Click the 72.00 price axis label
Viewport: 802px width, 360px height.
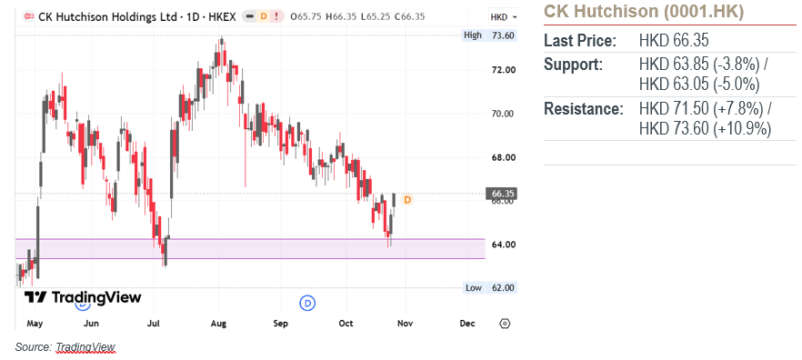coord(502,70)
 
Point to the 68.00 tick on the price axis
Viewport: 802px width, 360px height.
coord(502,157)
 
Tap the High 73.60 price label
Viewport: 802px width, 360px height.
coord(488,35)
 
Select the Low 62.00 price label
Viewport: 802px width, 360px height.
coord(489,288)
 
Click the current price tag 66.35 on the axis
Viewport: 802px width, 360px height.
coord(501,194)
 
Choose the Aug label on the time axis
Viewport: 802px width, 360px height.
coord(218,324)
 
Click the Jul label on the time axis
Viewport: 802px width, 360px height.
coord(154,324)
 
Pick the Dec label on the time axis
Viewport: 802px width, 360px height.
coord(467,324)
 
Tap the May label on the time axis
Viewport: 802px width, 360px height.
coord(35,324)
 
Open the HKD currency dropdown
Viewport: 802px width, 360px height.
coord(504,17)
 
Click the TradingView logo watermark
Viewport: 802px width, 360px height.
coord(83,297)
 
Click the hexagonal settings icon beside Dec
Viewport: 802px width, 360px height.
coord(505,324)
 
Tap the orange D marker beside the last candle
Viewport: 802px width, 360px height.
coord(407,200)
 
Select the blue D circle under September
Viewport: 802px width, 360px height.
coord(307,303)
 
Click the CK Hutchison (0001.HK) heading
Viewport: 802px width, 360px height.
coord(644,11)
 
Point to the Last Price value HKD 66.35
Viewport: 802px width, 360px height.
coord(674,41)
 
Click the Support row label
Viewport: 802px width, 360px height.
coord(573,65)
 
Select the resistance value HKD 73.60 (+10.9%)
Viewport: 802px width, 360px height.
coord(706,129)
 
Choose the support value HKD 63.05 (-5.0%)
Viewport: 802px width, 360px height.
coord(699,85)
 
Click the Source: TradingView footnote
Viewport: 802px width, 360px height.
coord(65,347)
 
